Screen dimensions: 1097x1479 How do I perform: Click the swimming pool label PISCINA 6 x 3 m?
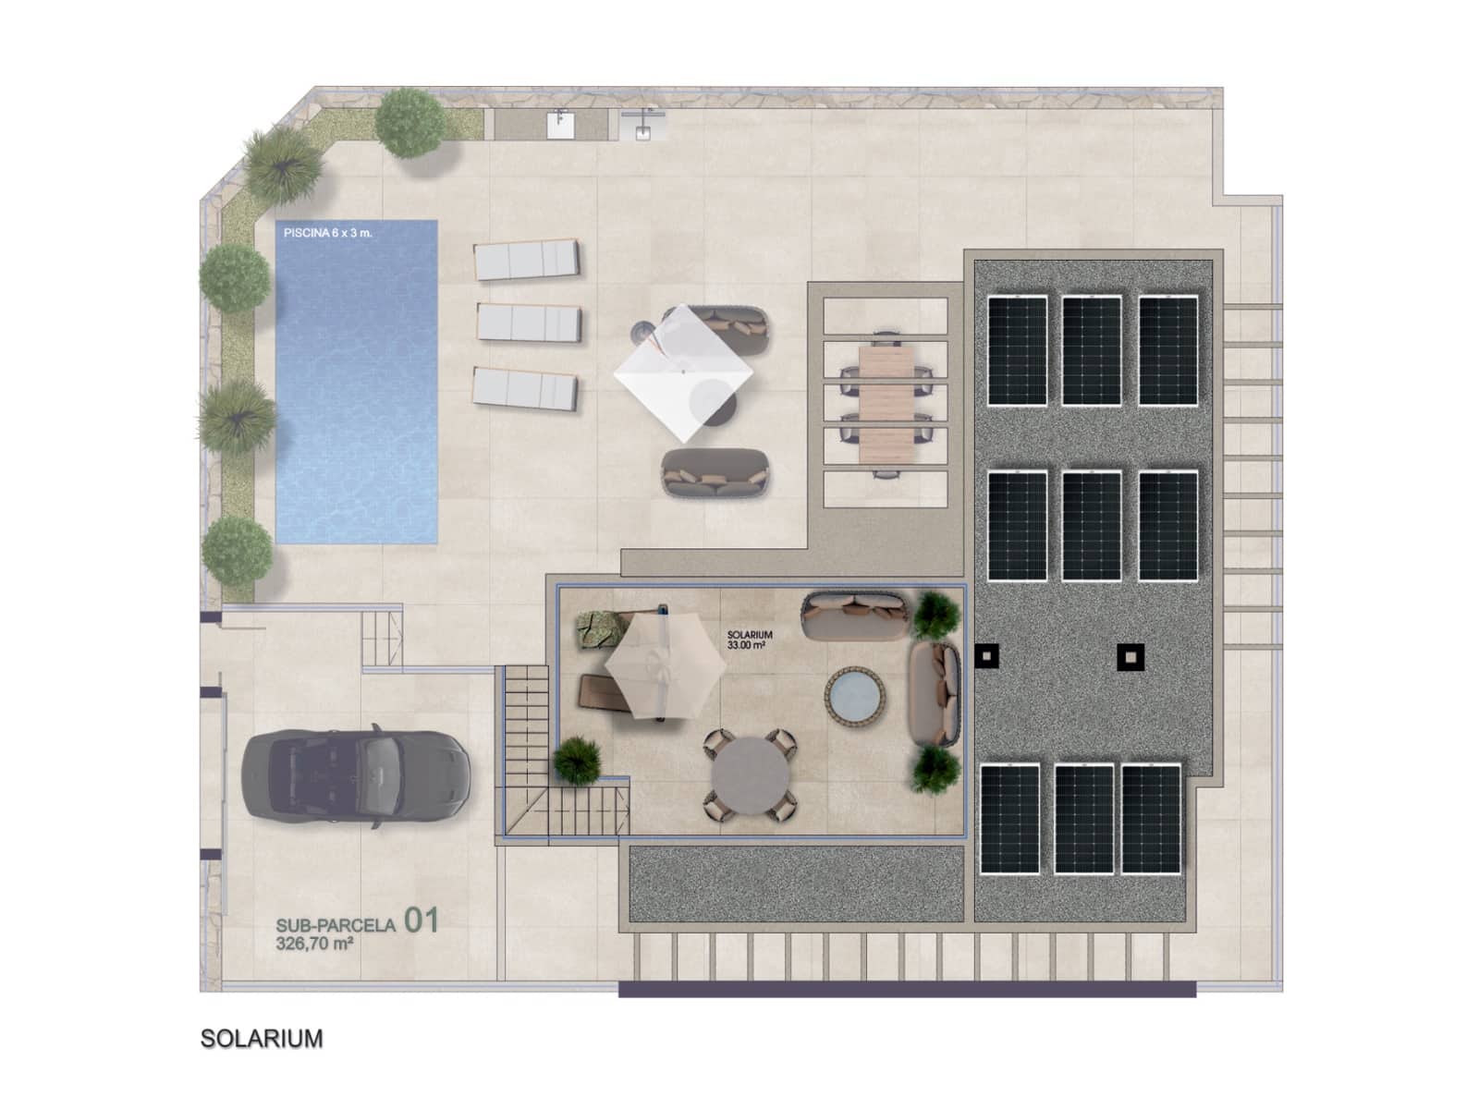[x=327, y=233]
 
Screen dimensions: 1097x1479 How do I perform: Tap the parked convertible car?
[x=356, y=771]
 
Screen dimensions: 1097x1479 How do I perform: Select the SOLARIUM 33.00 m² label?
[x=750, y=640]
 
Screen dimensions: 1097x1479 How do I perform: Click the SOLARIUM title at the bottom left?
[x=262, y=1039]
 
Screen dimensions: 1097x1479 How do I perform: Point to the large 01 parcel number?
[x=421, y=920]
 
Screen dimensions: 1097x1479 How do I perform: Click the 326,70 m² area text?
[x=314, y=944]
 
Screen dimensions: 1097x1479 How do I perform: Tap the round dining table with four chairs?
[x=750, y=775]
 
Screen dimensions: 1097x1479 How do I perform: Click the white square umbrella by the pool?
[x=683, y=372]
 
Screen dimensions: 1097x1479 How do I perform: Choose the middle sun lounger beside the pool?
[x=528, y=323]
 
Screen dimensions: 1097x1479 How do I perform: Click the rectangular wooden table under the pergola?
[x=885, y=404]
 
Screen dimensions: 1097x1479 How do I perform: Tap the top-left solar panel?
[x=1018, y=350]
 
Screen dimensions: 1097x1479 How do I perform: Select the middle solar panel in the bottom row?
[x=1084, y=819]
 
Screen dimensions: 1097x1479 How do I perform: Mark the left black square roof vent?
[x=987, y=656]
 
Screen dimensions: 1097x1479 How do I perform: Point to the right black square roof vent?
[x=1131, y=657]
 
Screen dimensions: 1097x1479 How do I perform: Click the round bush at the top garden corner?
[x=410, y=122]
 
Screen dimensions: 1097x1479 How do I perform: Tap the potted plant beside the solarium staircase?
[x=577, y=761]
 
